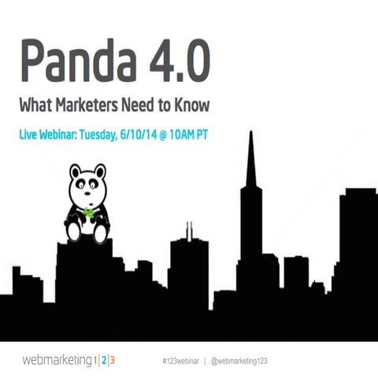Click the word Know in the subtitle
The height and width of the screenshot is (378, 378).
[198, 104]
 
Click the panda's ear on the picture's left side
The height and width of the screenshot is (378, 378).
[74, 170]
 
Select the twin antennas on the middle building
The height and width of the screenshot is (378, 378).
[188, 232]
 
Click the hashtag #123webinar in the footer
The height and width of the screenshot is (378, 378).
[176, 361]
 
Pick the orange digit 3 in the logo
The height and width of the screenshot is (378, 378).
[112, 361]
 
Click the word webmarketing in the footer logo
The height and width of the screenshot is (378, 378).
[57, 361]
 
